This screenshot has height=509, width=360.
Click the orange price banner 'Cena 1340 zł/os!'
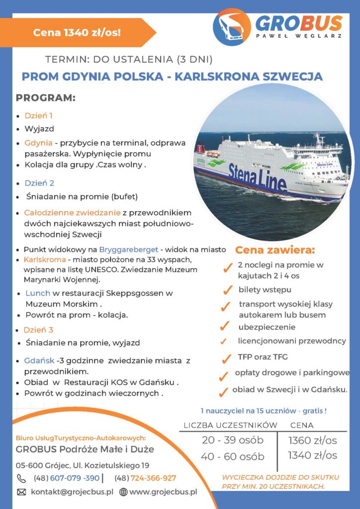pyautogui.click(x=77, y=33)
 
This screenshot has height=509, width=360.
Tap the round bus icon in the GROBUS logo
pyautogui.click(x=232, y=27)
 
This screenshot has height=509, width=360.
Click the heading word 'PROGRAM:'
pyautogui.click(x=45, y=98)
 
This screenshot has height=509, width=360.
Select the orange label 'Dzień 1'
pyautogui.click(x=38, y=116)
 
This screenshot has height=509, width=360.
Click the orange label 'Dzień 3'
pyautogui.click(x=38, y=330)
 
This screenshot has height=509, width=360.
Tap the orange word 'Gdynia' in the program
pyautogui.click(x=38, y=143)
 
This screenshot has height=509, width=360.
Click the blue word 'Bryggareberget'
pyautogui.click(x=128, y=250)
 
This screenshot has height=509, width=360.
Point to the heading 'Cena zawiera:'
pyautogui.click(x=274, y=250)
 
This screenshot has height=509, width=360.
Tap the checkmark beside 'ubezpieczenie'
pyautogui.click(x=225, y=327)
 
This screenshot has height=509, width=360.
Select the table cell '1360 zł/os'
pyautogui.click(x=312, y=440)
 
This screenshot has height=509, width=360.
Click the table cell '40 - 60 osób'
pyautogui.click(x=233, y=456)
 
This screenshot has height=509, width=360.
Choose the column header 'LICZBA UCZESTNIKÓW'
pyautogui.click(x=230, y=425)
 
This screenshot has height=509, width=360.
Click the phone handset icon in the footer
pyautogui.click(x=21, y=478)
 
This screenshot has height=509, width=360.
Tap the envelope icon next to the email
pyautogui.click(x=21, y=492)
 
